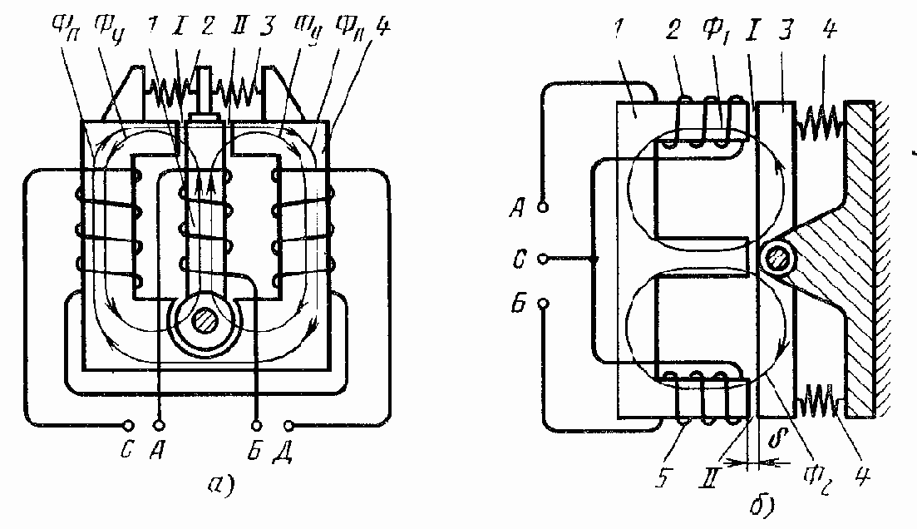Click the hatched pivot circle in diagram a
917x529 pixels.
(x=203, y=320)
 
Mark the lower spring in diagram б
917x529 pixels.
(x=821, y=407)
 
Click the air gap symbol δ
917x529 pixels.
(x=778, y=437)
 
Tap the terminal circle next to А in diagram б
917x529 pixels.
(x=544, y=207)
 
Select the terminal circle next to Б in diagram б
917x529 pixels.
(x=544, y=305)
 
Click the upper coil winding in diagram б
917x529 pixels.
(x=707, y=125)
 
